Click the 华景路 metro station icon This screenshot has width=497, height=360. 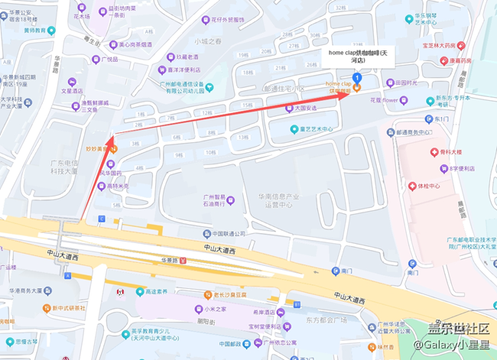coord(182,261)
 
